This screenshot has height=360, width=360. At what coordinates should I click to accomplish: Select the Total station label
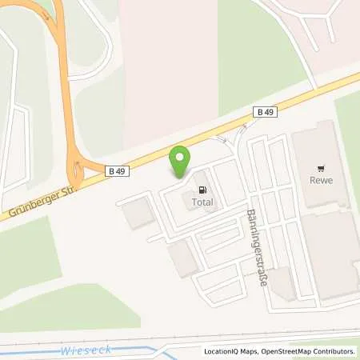202,203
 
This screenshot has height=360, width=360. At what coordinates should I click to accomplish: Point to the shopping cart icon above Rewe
321,169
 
